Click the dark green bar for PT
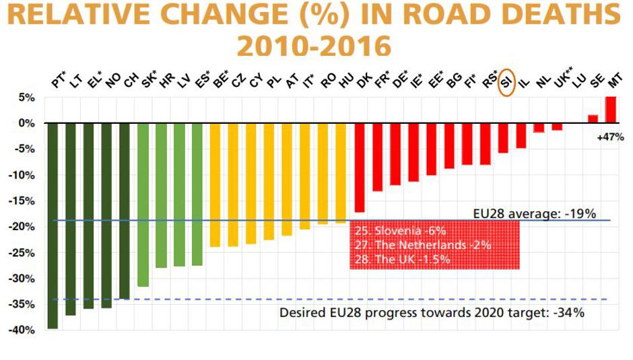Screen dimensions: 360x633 [x=53, y=225]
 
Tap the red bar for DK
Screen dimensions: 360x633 [x=360, y=168]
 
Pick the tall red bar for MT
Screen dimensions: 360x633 [x=611, y=110]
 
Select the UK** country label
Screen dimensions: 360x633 [x=560, y=81]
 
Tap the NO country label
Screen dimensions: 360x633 [x=111, y=81]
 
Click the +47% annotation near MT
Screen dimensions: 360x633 [x=610, y=137]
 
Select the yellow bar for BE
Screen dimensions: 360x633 [x=215, y=185]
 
